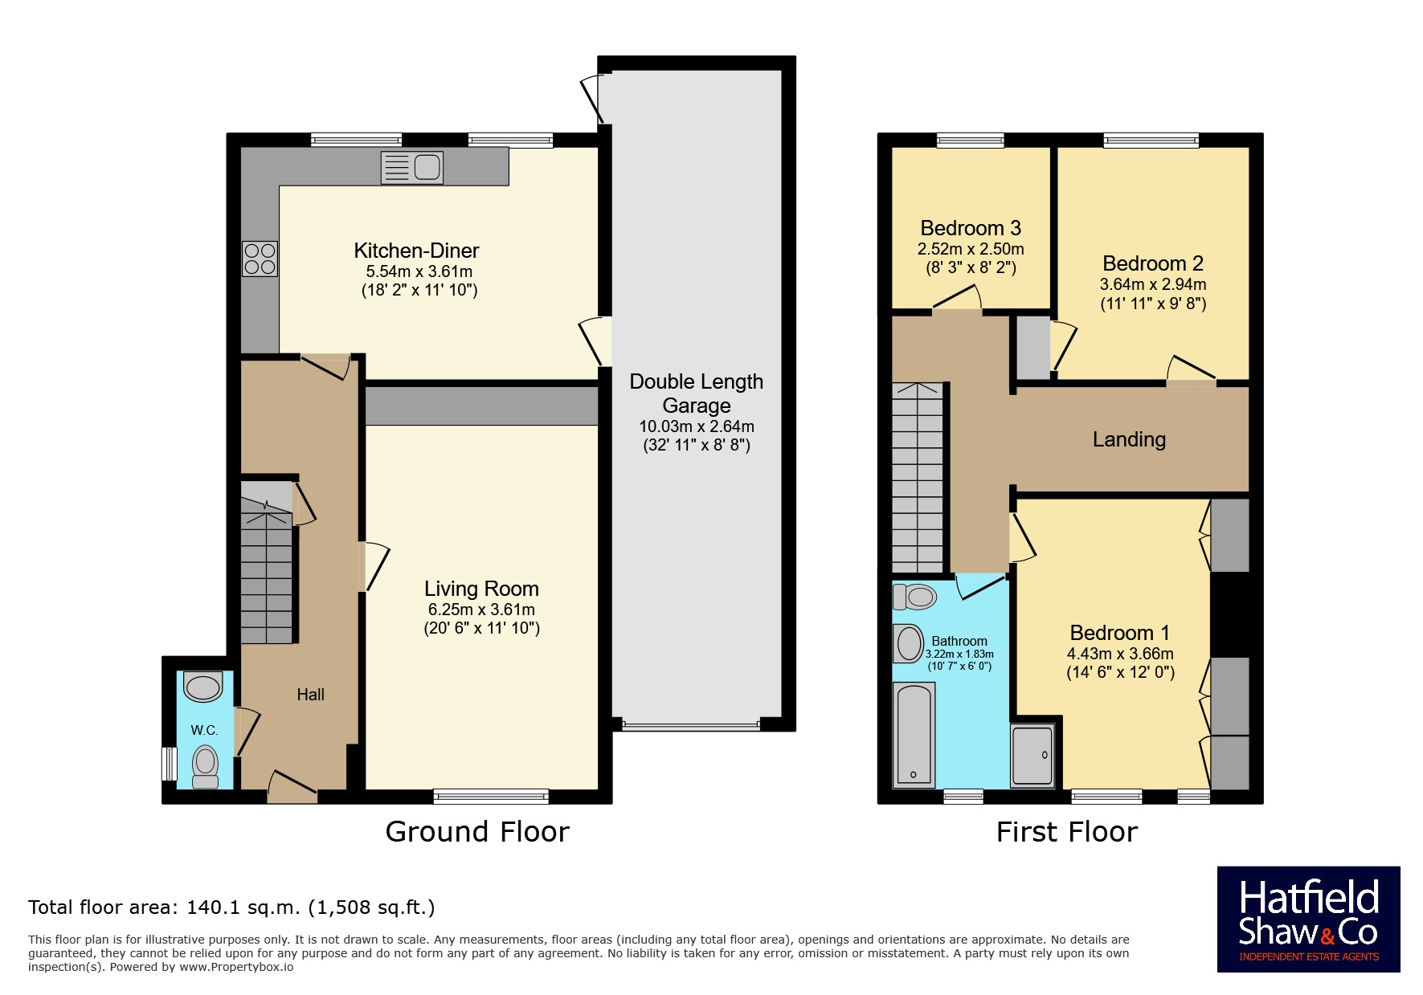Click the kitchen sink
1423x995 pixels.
[x=411, y=168]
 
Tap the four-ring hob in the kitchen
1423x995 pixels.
[x=260, y=259]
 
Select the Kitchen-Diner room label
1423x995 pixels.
[x=416, y=251]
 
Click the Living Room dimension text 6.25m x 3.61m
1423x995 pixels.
[x=481, y=610]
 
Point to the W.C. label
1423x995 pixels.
[x=204, y=730]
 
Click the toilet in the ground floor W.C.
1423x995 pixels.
[x=206, y=767]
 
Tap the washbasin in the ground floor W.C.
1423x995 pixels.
[x=202, y=687]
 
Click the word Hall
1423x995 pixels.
[x=310, y=695]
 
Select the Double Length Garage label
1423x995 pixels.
[x=697, y=394]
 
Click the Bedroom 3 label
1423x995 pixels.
[x=971, y=229]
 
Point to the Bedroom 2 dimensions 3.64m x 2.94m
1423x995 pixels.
[x=1153, y=284]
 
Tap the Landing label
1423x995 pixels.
[x=1129, y=439]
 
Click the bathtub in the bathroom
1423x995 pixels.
[x=914, y=734]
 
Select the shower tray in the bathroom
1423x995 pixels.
[x=1032, y=755]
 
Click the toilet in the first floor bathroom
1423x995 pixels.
[x=914, y=597]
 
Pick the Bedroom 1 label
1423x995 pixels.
[x=1120, y=633]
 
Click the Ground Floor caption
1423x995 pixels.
[x=477, y=832]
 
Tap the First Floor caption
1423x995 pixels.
[x=1067, y=832]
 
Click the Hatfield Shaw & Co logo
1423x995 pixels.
[x=1309, y=920]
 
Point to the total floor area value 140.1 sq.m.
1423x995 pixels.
[x=243, y=907]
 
